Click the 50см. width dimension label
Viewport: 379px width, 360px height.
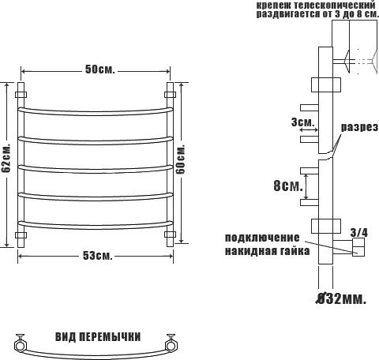(x=100, y=69)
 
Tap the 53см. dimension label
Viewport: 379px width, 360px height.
(x=98, y=255)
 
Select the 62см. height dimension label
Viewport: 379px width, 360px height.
(x=6, y=158)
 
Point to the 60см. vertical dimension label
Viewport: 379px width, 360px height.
(x=181, y=159)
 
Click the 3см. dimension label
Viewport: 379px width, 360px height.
(x=303, y=122)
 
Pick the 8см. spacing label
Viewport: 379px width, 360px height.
(x=288, y=186)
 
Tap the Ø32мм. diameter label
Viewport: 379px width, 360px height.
(x=341, y=298)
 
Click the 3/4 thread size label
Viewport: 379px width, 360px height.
(x=358, y=233)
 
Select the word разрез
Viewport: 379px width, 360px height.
(x=359, y=127)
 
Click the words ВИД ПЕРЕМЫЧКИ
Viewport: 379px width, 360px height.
(x=98, y=337)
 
